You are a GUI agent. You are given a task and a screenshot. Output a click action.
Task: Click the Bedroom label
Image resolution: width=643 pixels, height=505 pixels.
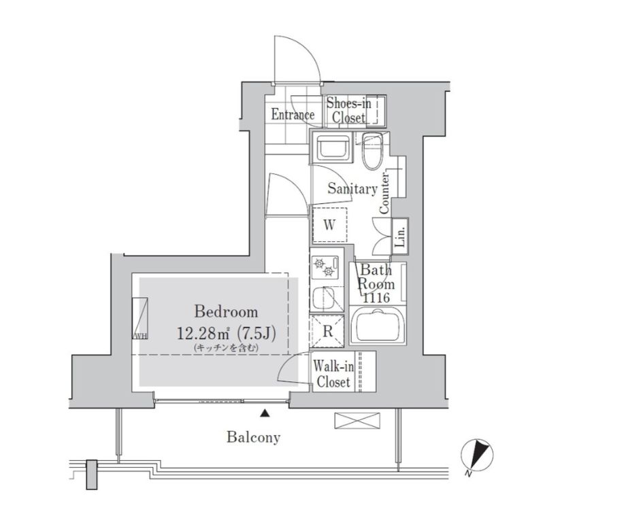(226, 312)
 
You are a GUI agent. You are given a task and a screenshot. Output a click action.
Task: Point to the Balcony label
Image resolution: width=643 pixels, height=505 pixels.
(253, 437)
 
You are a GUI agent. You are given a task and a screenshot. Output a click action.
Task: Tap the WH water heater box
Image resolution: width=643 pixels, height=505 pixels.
(140, 318)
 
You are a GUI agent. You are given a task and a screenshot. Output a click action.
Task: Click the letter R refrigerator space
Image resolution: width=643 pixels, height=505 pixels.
(327, 331)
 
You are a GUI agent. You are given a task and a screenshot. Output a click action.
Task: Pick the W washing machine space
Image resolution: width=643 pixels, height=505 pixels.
(330, 225)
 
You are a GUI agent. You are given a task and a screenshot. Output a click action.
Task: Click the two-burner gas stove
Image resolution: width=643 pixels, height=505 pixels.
(326, 266)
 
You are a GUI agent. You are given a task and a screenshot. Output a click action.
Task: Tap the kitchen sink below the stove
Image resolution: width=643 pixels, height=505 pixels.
(325, 298)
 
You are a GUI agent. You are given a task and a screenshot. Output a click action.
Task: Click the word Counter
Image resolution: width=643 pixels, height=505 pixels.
(384, 193)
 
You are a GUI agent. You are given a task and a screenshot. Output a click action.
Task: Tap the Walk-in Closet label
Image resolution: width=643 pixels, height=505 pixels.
(333, 375)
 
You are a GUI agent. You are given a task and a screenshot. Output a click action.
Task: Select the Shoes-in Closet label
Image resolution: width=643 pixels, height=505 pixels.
(348, 110)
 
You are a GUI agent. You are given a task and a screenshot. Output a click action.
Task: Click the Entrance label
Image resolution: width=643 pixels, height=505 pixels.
(293, 115)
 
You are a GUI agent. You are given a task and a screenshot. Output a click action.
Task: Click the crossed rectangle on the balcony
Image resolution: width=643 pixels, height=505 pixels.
(357, 421)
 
